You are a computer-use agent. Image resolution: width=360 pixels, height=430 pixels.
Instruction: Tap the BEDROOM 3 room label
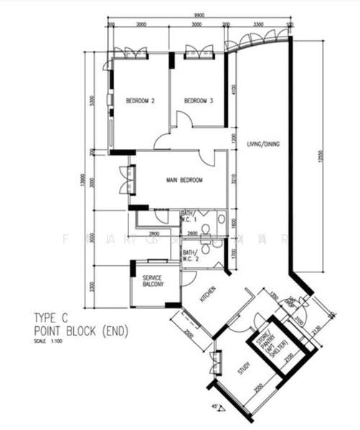199,101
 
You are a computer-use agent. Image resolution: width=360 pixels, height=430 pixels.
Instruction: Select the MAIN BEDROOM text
185,180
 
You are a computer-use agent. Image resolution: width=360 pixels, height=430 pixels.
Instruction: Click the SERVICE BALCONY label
153,281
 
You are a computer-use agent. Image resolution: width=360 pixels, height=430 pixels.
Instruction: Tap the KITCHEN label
208,294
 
